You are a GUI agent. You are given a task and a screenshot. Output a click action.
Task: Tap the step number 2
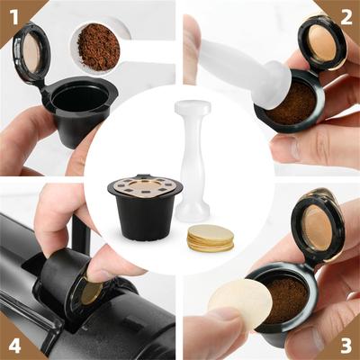point(346,17)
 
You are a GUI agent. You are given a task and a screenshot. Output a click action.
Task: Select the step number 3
point(346,345)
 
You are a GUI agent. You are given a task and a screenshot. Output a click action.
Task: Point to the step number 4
point(14,345)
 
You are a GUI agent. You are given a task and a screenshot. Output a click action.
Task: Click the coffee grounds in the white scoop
point(99,47)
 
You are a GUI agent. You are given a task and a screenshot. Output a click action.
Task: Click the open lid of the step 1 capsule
point(31,52)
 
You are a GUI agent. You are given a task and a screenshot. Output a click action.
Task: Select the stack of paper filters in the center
point(211,238)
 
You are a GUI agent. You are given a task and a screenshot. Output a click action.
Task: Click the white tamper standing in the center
point(193,161)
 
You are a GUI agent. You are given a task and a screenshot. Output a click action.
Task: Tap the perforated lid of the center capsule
point(145,186)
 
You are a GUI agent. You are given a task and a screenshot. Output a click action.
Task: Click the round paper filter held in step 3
point(240,303)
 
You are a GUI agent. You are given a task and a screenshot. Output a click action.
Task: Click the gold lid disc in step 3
point(317,227)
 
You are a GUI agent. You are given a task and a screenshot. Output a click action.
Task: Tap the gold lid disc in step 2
point(322,42)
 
